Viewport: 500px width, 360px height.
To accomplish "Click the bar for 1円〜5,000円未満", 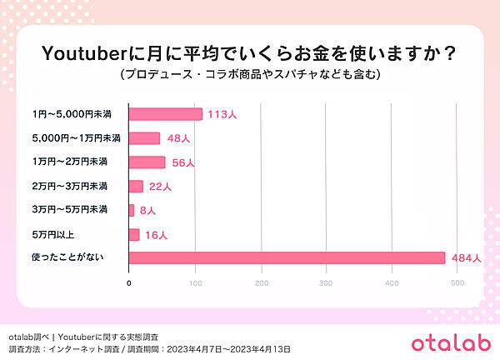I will pos(165,114).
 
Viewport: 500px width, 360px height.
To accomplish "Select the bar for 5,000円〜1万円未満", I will pos(144,138).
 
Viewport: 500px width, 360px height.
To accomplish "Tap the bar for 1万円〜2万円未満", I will pos(147,162).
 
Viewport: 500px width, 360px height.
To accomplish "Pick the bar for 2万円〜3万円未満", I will pos(136,186).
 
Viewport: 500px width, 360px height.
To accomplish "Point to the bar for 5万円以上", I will pos(134,234).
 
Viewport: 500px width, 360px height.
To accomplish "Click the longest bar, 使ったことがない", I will pos(287,257).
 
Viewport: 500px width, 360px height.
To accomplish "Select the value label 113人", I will pos(222,115).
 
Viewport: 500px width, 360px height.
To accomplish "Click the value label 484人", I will pos(465,258).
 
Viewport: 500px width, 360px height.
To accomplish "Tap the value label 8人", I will pos(148,211).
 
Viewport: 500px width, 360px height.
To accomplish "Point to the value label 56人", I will pos(182,162).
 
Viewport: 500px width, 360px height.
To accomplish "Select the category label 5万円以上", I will pos(51,234).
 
